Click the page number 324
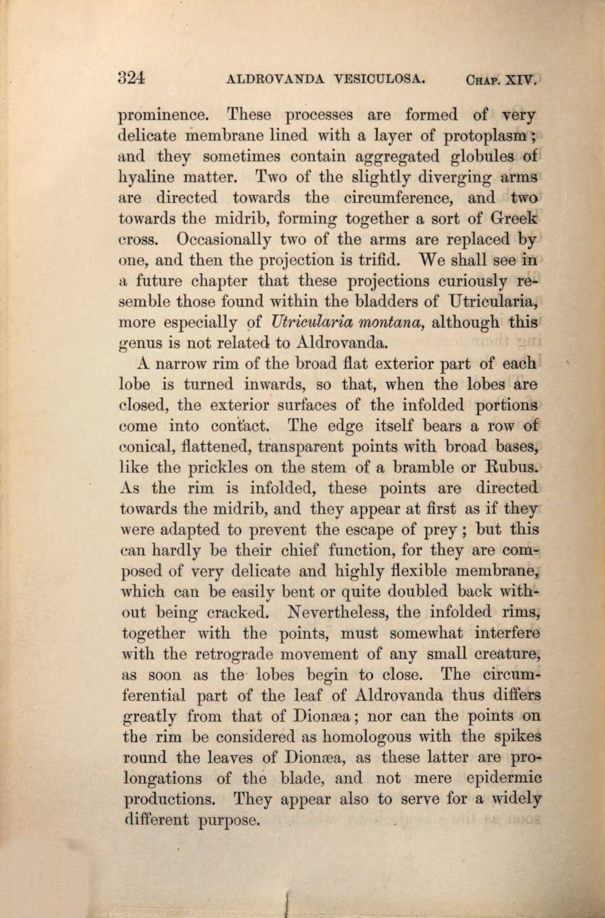132,78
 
